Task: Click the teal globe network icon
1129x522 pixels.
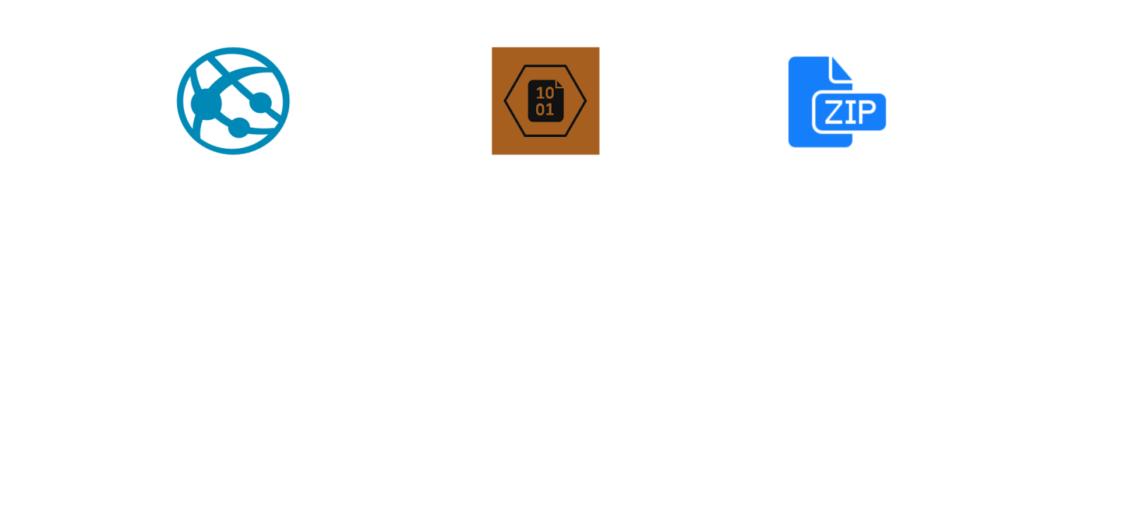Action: tap(233, 101)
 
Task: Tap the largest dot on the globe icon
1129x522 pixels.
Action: tap(206, 104)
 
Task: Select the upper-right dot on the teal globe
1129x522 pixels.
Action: tap(260, 103)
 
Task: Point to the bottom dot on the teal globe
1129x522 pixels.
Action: tap(239, 128)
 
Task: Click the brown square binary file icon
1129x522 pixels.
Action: tap(545, 101)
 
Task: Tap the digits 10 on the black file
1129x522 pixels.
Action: tap(545, 92)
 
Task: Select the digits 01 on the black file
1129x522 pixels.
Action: tap(545, 109)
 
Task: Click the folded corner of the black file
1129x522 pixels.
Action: tap(560, 84)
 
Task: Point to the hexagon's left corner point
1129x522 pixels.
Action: tap(505, 101)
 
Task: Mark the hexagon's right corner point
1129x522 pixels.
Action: tap(586, 101)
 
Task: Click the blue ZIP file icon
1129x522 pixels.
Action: tap(837, 102)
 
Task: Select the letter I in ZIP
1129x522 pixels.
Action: tap(850, 112)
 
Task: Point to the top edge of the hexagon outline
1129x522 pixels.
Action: tap(545, 66)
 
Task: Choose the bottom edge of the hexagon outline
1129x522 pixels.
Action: tap(545, 136)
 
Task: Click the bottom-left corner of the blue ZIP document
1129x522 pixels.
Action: tap(790, 147)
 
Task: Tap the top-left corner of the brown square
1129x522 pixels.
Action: tap(492, 47)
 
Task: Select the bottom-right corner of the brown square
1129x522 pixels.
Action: tap(599, 154)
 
